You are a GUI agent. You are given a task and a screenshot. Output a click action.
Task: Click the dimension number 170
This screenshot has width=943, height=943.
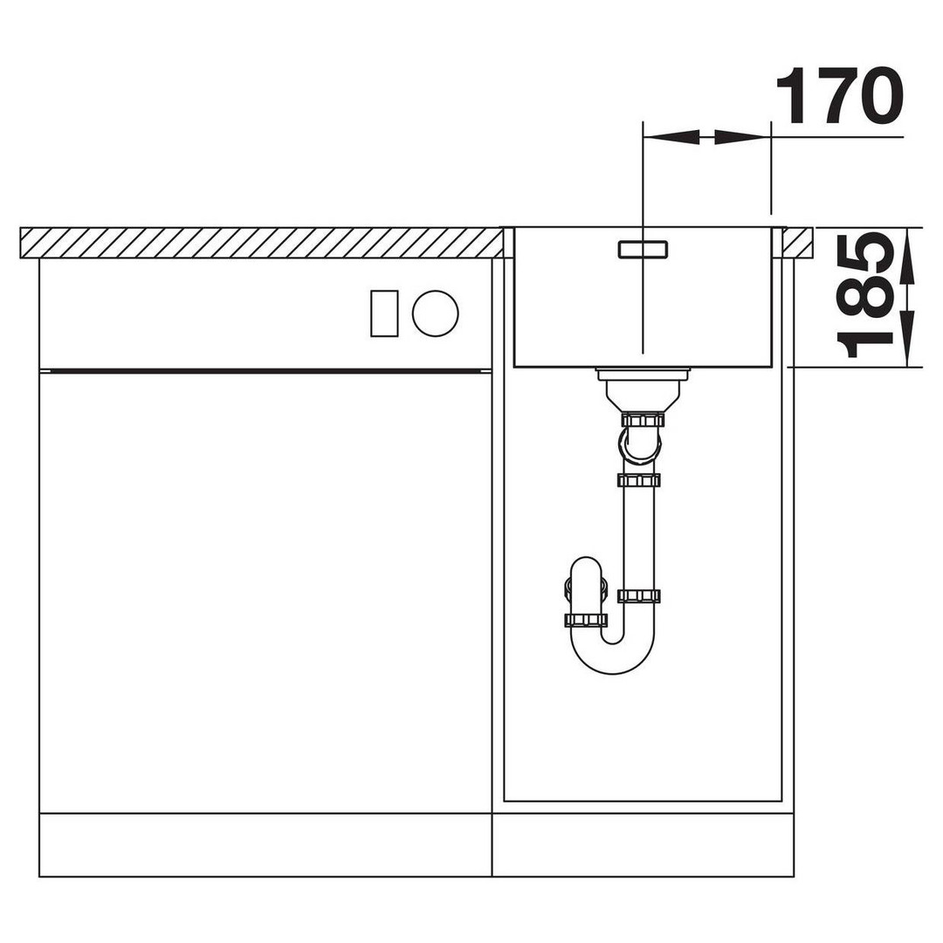pos(840,96)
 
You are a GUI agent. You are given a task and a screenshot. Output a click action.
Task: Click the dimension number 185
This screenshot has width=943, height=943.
pos(864,295)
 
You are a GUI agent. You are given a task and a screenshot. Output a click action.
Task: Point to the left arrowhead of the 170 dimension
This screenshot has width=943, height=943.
pos(671,137)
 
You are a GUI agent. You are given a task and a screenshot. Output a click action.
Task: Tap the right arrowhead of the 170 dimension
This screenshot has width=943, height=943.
pos(742,137)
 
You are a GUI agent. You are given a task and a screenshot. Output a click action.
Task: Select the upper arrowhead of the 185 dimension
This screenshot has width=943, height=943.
pos(907,256)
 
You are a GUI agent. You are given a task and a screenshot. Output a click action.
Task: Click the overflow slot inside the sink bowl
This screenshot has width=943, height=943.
pos(643,249)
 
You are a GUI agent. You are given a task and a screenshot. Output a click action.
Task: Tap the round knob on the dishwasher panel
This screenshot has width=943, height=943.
pos(436,313)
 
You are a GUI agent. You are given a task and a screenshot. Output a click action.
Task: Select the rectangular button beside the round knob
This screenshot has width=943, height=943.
pos(384,313)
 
